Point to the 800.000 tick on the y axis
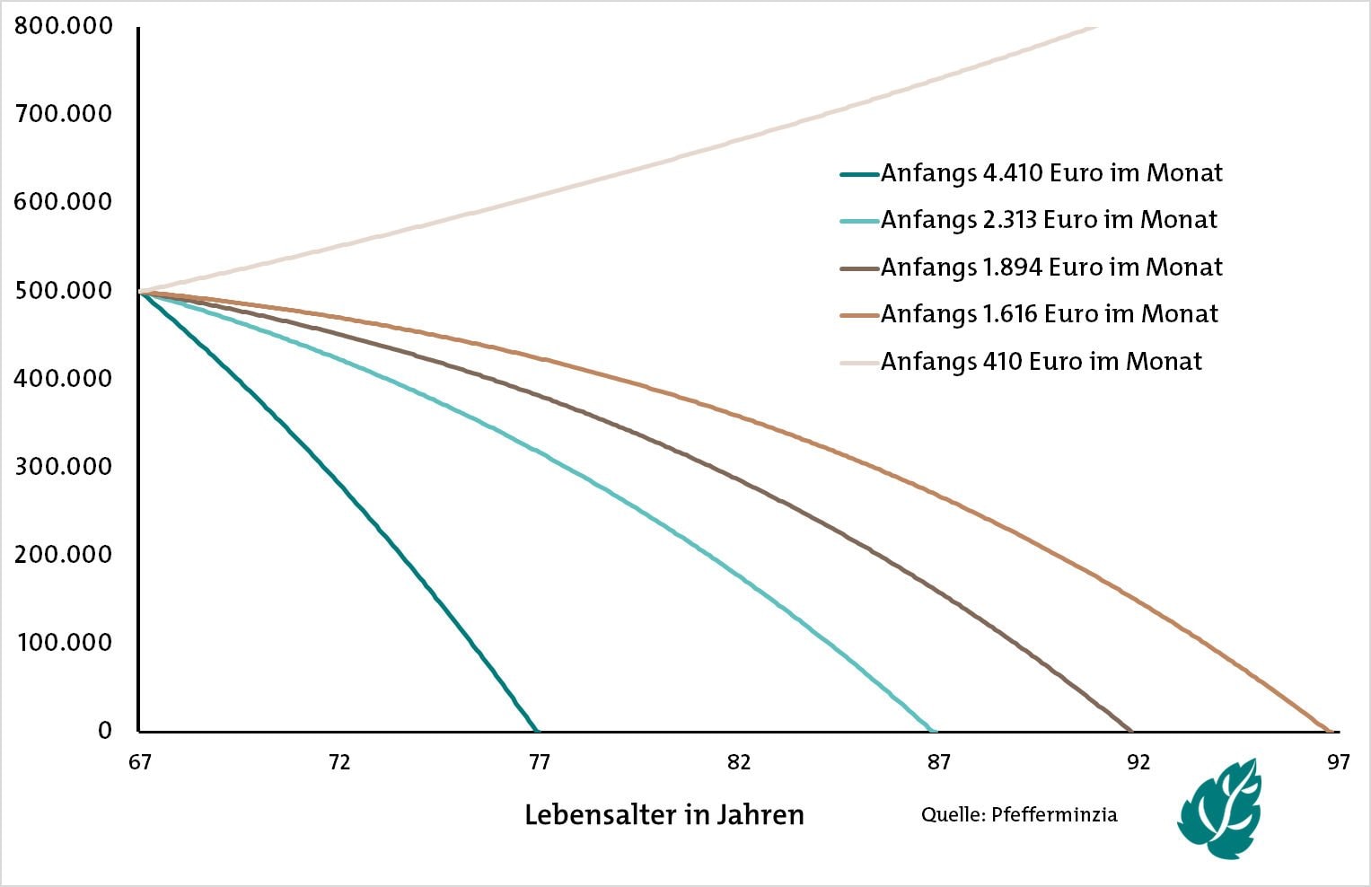coord(63,26)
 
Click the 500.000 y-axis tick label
coord(63,291)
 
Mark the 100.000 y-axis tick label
coord(63,643)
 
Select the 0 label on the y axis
coord(105,731)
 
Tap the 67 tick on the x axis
coord(139,762)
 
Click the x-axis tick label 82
coord(739,762)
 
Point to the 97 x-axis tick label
coord(1338,762)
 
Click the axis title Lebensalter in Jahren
coord(664,815)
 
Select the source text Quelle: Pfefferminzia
coord(1019,815)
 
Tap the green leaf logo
coord(1221,808)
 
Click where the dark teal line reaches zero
coord(536,730)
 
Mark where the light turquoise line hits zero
coord(935,730)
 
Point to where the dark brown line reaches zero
coord(1130,730)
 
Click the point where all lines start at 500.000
coord(141,292)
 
